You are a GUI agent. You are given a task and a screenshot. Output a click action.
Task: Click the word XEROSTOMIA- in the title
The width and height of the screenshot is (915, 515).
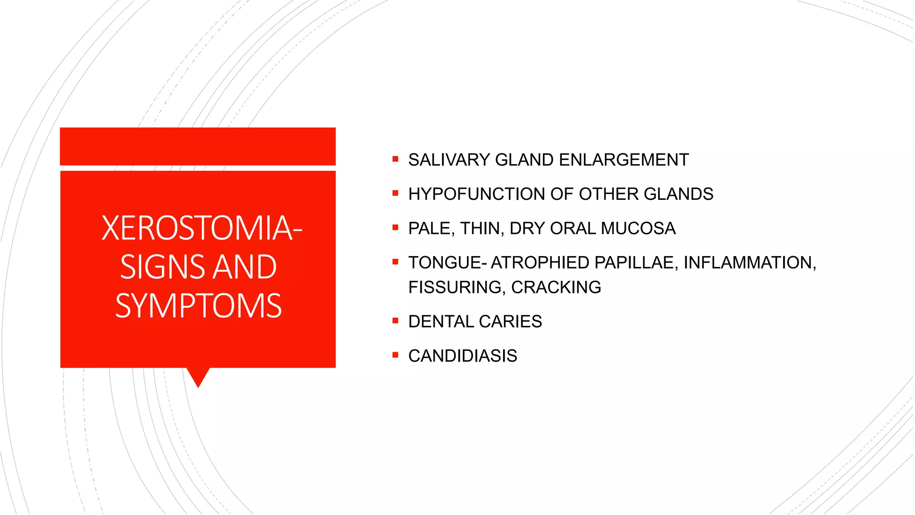pos(202,228)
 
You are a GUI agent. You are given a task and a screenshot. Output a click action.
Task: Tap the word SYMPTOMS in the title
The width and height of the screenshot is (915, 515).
pos(198,306)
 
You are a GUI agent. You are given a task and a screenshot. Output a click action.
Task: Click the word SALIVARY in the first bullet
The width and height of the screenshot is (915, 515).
pos(449,160)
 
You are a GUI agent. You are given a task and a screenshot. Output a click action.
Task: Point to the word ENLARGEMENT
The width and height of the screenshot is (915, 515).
pos(624,160)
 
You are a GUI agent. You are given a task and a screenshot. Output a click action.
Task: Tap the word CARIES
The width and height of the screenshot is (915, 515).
pos(510,322)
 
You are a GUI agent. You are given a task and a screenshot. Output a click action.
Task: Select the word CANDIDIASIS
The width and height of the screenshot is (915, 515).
pos(462,356)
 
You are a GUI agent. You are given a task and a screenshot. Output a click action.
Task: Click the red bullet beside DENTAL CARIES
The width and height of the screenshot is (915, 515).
pos(395,321)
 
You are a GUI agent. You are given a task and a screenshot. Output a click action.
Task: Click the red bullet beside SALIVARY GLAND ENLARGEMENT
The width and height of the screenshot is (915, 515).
pos(395,159)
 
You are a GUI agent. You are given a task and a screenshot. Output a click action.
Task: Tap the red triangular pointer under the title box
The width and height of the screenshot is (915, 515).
pos(198,376)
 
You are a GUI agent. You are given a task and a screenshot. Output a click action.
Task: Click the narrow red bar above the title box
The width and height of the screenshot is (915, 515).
pos(197,146)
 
